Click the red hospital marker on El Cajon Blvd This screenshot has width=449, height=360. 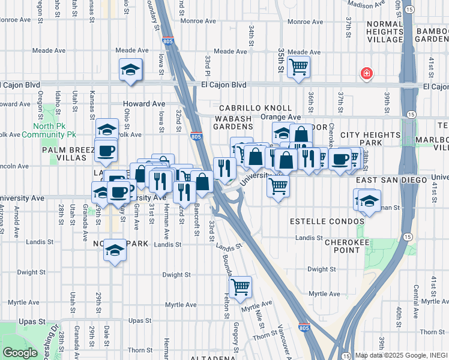(366, 74)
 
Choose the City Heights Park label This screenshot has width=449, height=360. (370, 139)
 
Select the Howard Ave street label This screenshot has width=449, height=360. (144, 104)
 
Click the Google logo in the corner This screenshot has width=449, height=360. (19, 352)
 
